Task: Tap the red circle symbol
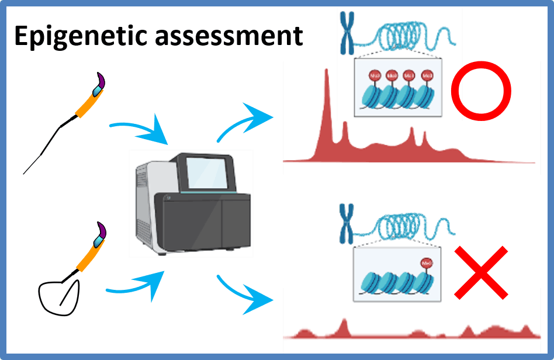coord(482,92)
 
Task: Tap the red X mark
coord(480,272)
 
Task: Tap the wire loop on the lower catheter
coord(58,292)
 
